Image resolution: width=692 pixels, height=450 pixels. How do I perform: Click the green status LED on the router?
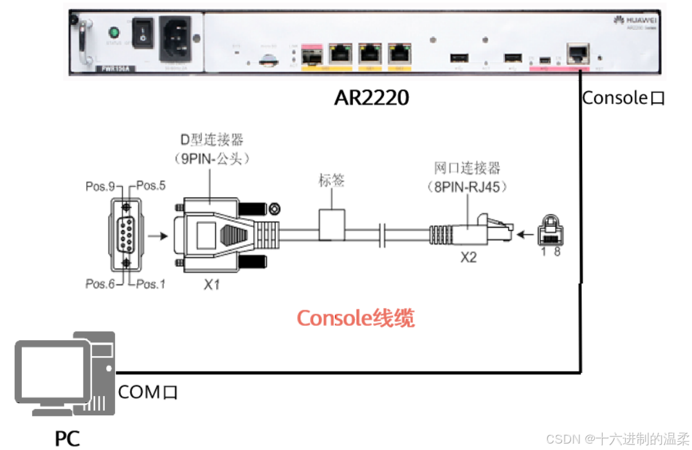tap(116, 32)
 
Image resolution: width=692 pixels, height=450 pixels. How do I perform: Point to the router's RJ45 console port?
tap(576, 53)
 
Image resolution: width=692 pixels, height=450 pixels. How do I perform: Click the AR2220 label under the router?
tap(371, 98)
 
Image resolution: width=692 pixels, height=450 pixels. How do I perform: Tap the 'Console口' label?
tap(623, 98)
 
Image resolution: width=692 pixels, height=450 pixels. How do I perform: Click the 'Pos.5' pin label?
tap(151, 186)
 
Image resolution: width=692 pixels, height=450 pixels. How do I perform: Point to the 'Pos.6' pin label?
tap(100, 283)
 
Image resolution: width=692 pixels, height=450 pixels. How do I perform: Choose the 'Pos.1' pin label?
tap(150, 283)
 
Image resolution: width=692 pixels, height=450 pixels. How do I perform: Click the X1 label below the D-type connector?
tap(212, 283)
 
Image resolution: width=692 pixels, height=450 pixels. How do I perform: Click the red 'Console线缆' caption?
tap(355, 318)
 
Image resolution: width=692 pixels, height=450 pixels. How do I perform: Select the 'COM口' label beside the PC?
tap(147, 392)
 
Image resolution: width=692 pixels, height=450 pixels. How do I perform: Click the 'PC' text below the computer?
tap(67, 438)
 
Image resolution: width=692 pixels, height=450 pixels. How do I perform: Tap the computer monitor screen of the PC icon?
tap(53, 373)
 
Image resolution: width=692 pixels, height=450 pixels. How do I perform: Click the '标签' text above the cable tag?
tap(332, 180)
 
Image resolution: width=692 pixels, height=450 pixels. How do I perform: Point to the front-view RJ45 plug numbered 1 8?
tap(551, 228)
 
